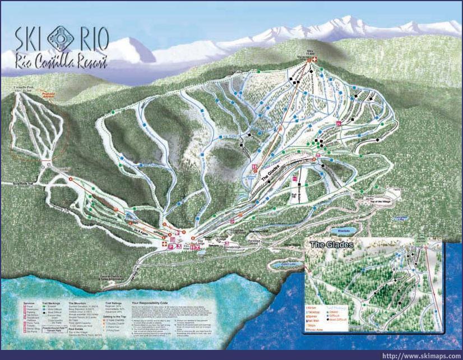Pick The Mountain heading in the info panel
[77, 302]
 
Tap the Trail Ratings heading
[107, 302]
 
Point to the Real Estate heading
[76, 330]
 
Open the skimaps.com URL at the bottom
[421, 356]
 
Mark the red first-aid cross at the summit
[314, 59]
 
